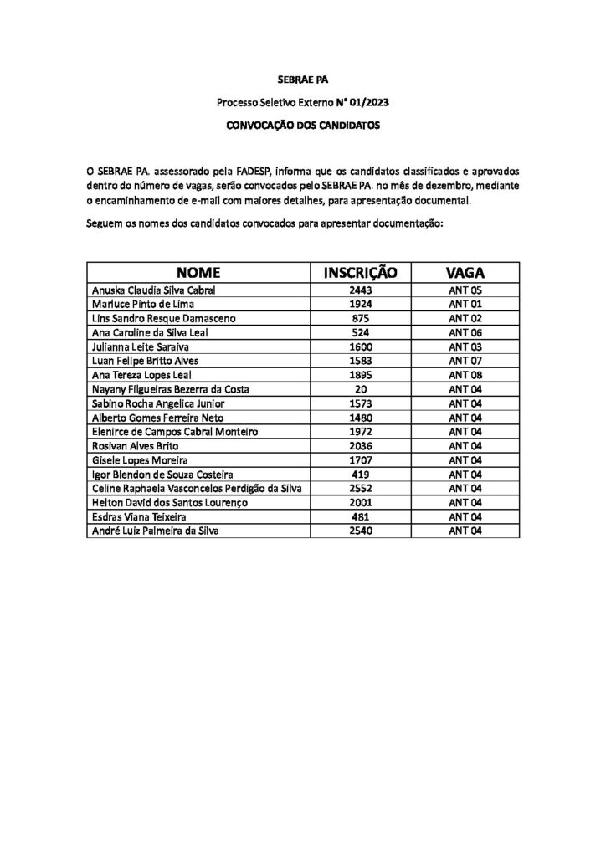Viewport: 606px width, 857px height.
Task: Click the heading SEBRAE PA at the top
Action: click(303, 81)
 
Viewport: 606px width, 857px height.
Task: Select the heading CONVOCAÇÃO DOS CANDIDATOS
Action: click(303, 126)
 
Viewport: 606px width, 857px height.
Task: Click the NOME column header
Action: click(198, 272)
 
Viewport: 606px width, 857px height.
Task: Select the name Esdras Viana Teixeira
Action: click(136, 516)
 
